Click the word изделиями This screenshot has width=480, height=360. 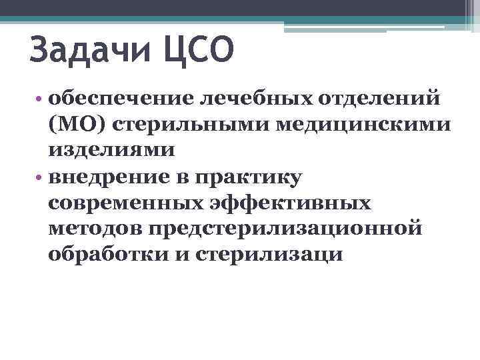(111, 149)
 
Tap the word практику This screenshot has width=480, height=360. (247, 177)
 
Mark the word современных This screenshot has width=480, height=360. (127, 203)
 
